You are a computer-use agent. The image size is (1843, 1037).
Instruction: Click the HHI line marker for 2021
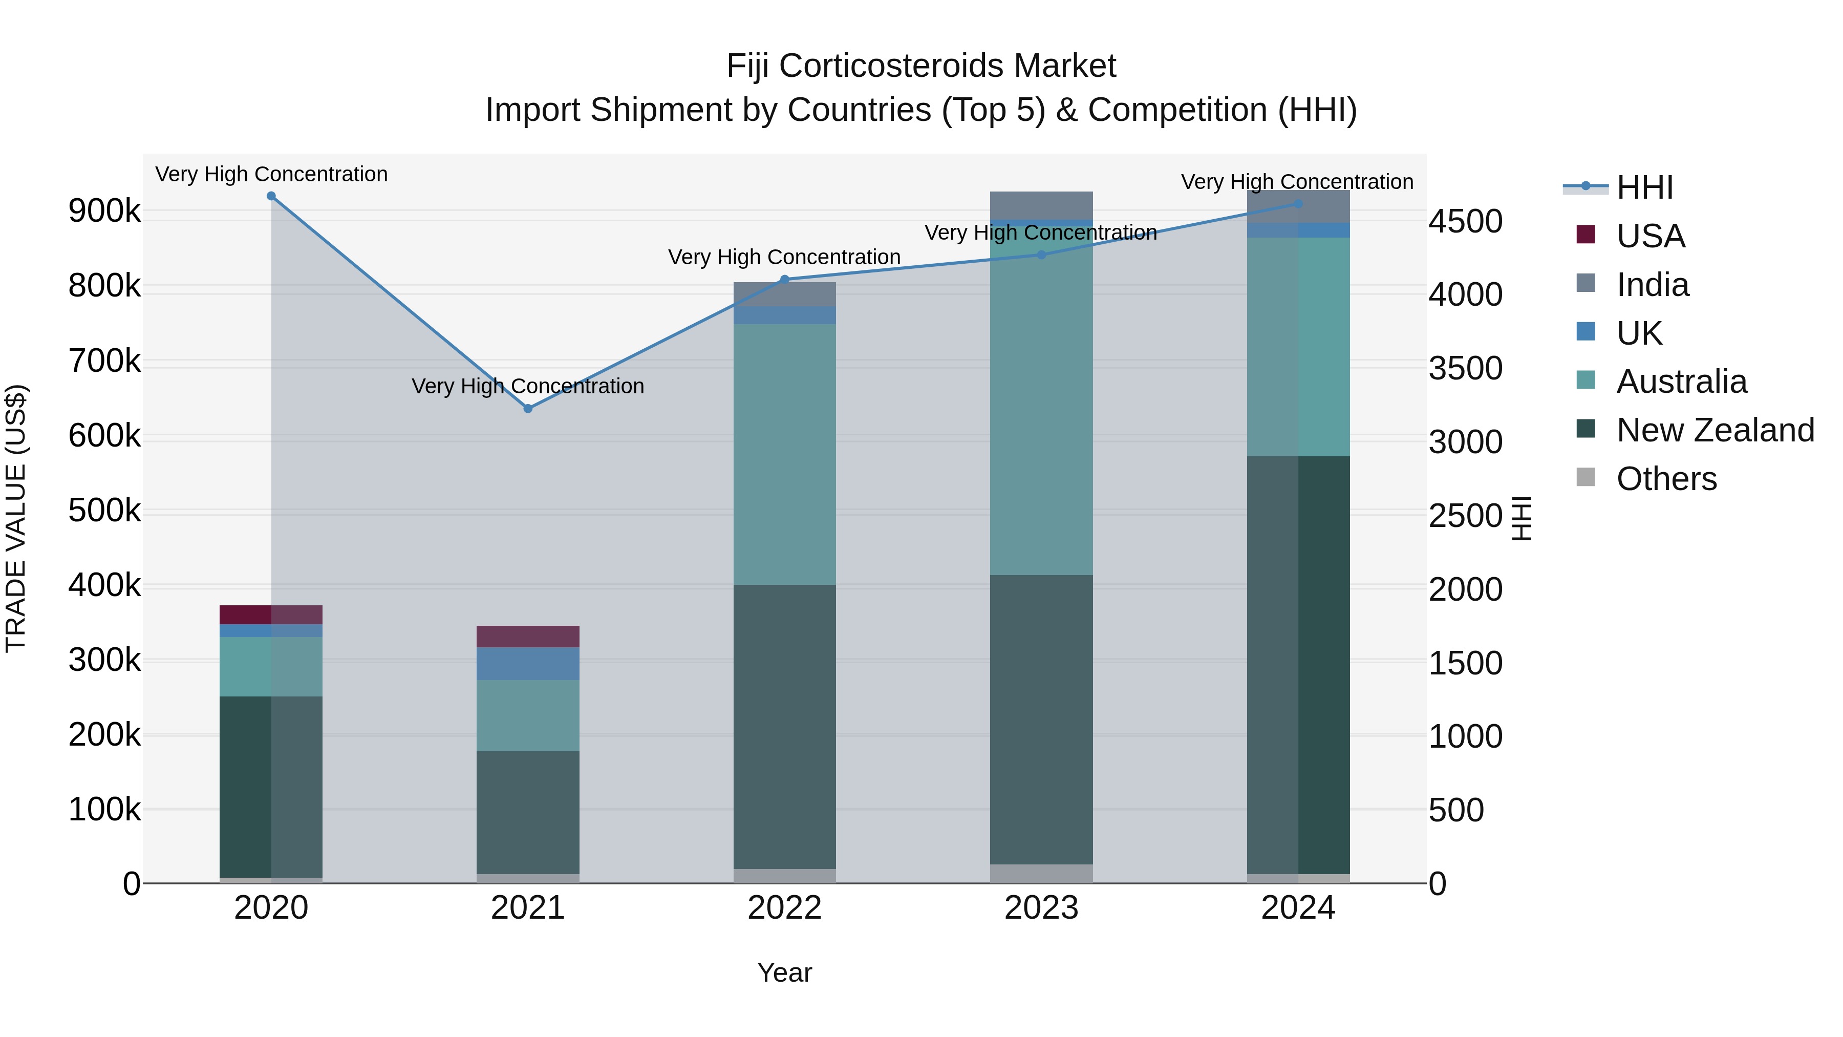click(x=528, y=409)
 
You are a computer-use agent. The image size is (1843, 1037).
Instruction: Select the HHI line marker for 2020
click(x=271, y=196)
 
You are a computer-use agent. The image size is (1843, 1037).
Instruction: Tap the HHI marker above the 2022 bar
click(x=784, y=279)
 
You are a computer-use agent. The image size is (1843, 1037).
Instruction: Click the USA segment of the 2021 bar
click(x=528, y=636)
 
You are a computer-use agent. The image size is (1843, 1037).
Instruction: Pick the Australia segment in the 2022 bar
click(x=784, y=454)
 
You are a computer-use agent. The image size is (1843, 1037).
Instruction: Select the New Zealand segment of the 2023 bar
click(x=1041, y=719)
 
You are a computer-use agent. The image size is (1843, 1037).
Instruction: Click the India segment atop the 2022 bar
click(x=784, y=294)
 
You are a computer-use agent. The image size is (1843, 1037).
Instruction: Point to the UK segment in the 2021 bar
click(x=528, y=663)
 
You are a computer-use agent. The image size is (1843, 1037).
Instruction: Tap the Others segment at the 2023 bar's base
click(x=1041, y=873)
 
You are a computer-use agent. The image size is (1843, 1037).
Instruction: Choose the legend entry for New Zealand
click(x=1715, y=430)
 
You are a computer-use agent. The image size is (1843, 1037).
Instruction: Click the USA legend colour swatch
click(x=1585, y=235)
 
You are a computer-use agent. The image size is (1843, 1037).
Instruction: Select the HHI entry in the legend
click(x=1644, y=187)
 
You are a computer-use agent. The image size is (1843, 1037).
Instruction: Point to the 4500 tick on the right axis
click(x=1465, y=221)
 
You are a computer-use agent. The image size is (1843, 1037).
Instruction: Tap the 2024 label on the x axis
click(x=1298, y=908)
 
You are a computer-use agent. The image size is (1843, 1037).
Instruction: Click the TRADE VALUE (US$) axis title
click(x=16, y=518)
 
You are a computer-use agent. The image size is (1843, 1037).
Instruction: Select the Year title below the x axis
click(x=784, y=972)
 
